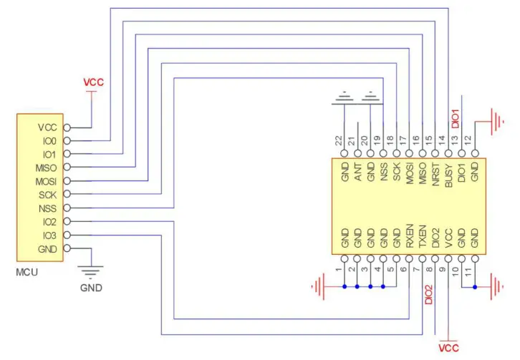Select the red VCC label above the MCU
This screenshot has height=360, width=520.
pyautogui.click(x=93, y=82)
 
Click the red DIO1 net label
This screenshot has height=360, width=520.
pyautogui.click(x=453, y=119)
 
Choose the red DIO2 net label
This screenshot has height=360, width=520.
pyautogui.click(x=428, y=295)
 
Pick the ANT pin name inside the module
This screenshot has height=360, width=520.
pyautogui.click(x=357, y=172)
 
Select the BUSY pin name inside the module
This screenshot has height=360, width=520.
pyautogui.click(x=448, y=173)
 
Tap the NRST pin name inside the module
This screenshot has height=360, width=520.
pyautogui.click(x=435, y=173)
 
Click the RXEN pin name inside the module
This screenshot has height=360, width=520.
pyautogui.click(x=410, y=238)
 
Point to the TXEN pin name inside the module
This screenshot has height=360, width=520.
pyautogui.click(x=423, y=238)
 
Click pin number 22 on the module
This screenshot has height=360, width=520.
pyautogui.click(x=339, y=140)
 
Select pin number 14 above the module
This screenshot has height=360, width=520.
pyautogui.click(x=443, y=140)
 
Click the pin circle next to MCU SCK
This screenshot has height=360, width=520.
pyautogui.click(x=67, y=195)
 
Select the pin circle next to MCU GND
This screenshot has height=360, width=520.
pyautogui.click(x=67, y=248)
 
